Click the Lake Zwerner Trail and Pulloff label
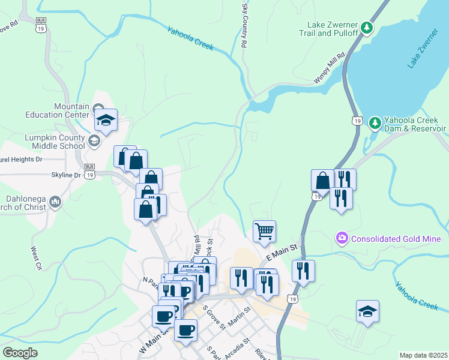333,29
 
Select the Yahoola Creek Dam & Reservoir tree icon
375,123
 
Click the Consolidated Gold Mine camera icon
342,238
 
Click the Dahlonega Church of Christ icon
55,201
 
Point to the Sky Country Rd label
244,25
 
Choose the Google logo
20,352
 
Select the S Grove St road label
214,317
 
